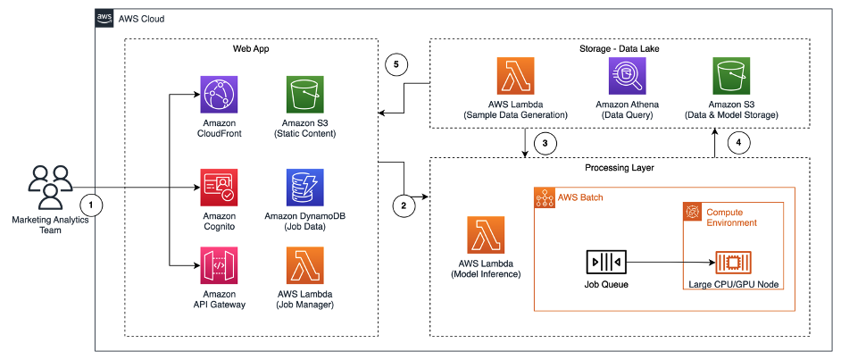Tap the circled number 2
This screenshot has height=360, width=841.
click(404, 205)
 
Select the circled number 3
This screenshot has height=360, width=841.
click(544, 143)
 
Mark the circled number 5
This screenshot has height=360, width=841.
click(397, 65)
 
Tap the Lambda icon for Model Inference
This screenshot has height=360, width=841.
click(485, 235)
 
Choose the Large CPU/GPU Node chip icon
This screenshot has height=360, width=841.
click(731, 263)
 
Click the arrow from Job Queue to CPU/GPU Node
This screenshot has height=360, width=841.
click(670, 263)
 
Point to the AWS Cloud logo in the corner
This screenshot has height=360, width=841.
click(104, 18)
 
